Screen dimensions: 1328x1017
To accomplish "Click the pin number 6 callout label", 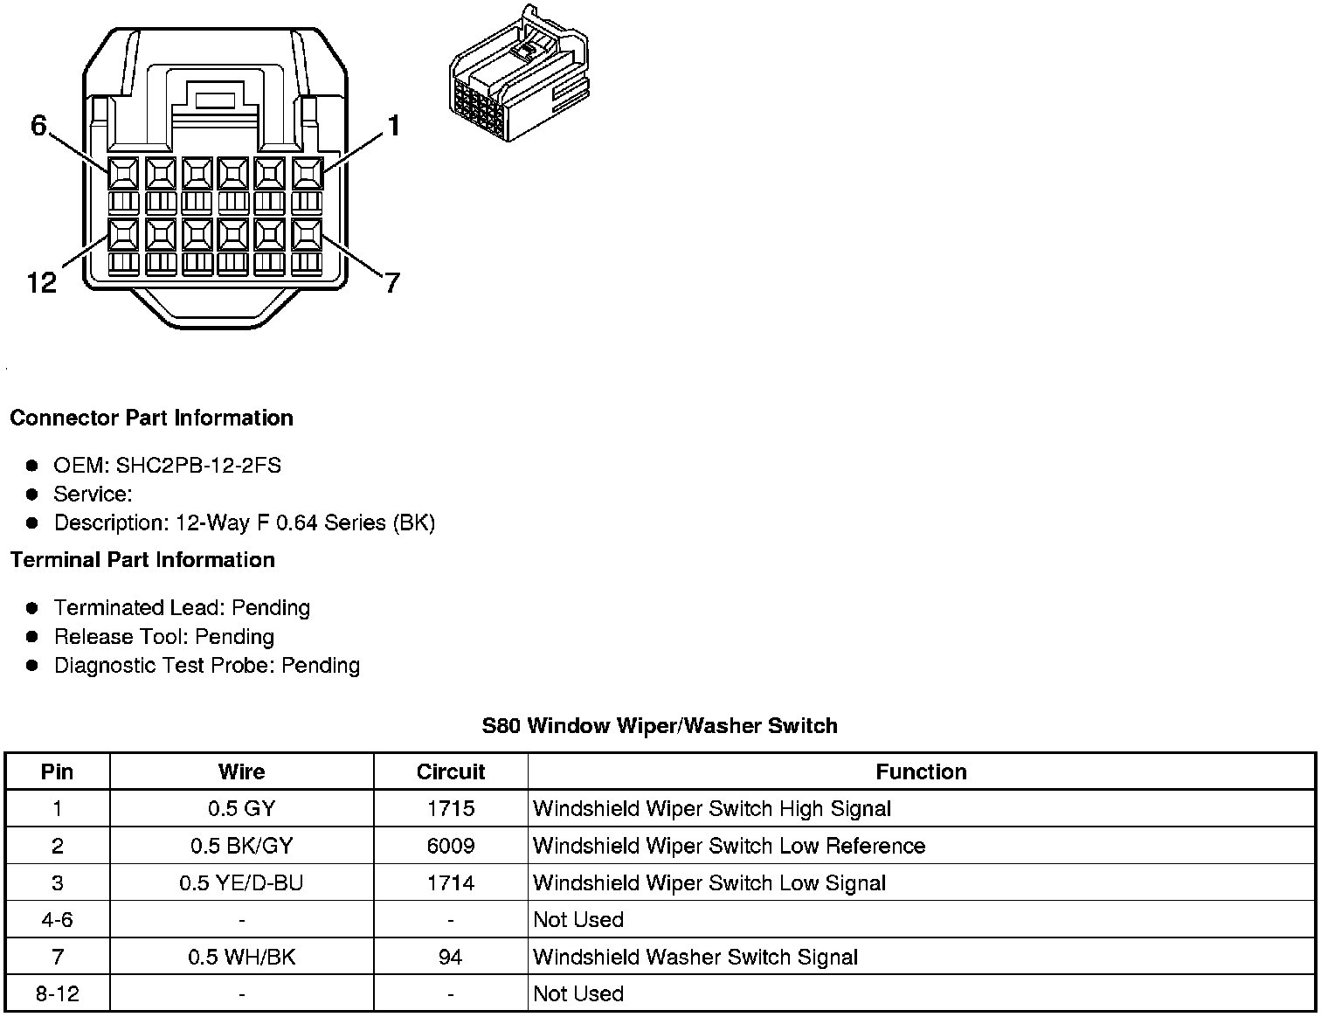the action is [38, 126].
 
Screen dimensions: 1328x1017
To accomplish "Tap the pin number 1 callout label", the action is [394, 126].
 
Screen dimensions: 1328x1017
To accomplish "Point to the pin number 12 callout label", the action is [41, 281].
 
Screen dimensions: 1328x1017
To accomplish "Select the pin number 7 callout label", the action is [392, 282].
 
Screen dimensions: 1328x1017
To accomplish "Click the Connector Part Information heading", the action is [151, 418].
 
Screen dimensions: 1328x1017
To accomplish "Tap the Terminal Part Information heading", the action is [142, 559].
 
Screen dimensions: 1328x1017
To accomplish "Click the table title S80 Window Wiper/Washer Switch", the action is [660, 725].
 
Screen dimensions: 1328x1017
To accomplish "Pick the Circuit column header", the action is [450, 771].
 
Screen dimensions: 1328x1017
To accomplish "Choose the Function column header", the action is [921, 771].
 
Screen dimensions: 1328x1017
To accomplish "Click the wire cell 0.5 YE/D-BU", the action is [241, 882].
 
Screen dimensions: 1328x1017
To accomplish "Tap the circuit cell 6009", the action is [450, 846].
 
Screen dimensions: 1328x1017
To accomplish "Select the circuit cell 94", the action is [450, 957].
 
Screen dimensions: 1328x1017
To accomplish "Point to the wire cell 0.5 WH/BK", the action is [241, 957].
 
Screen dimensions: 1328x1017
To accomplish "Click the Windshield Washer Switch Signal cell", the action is [695, 957].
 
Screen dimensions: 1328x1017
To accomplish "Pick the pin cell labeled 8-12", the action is [58, 993].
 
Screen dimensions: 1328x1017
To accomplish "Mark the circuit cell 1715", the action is [450, 808].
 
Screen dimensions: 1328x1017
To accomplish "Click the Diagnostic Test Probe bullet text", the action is [207, 665].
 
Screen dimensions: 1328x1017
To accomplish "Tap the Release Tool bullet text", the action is [164, 636].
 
